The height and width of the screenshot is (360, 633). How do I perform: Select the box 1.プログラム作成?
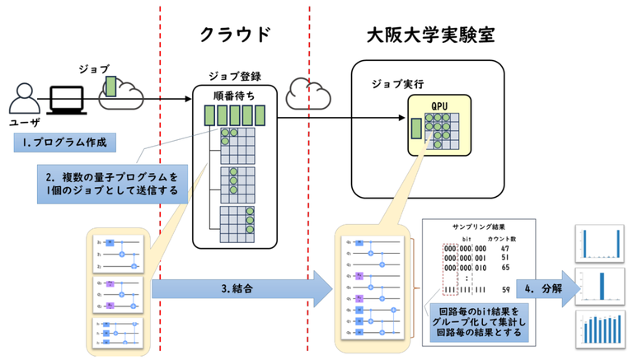coord(63,143)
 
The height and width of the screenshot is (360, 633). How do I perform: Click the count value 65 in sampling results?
coord(505,268)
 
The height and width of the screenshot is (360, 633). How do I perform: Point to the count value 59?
coord(505,289)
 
